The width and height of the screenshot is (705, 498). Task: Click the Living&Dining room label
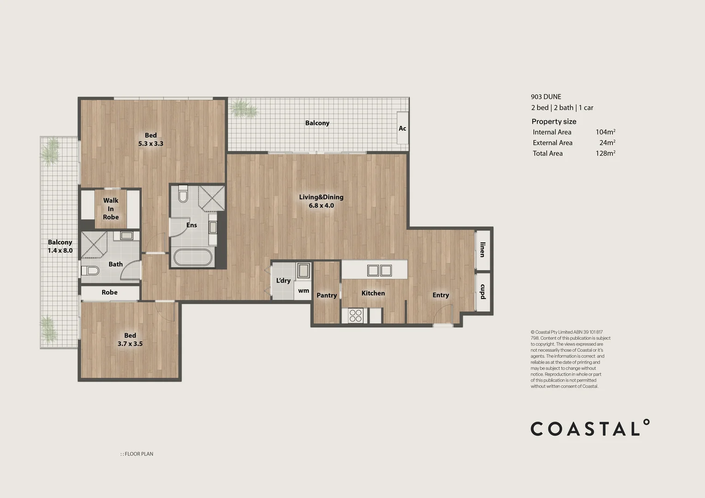pos(321,197)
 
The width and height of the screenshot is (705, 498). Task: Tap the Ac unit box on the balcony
pos(402,128)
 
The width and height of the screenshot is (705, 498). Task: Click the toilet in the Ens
pos(183,194)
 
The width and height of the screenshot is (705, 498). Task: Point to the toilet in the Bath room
pos(90,270)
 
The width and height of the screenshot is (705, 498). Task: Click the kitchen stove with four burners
pos(355,315)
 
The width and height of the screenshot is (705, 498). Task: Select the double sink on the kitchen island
pos(379,270)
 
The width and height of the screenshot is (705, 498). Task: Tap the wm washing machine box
pos(303,291)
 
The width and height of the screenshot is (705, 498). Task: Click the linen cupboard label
pos(482,249)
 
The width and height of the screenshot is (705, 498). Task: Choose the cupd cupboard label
pos(482,291)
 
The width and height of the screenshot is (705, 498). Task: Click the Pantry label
pos(327,295)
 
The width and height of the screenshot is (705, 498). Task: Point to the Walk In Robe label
pos(111,208)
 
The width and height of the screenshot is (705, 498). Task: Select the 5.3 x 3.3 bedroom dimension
pos(151,143)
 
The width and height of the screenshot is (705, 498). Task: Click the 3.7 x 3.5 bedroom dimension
pos(130,344)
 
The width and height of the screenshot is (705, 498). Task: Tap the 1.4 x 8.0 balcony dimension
pos(60,250)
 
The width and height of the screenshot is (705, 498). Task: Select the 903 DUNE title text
pos(546,97)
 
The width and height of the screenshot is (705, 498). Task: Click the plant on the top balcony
pos(243,109)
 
